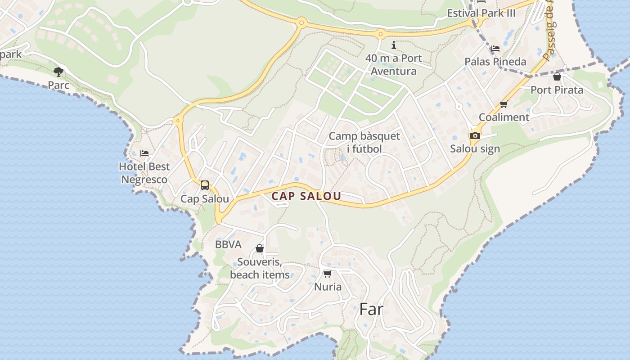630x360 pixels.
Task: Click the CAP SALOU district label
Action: point(306,196)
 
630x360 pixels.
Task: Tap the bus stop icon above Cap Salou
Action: point(205,185)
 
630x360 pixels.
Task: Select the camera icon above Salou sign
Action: point(475,135)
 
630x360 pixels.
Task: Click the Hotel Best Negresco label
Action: point(144,173)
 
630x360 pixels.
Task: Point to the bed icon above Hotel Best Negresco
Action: point(144,153)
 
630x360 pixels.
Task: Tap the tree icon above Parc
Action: point(58,72)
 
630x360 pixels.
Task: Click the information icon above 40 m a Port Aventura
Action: point(394,45)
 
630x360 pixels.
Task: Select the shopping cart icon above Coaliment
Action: point(504,104)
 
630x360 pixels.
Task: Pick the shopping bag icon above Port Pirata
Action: point(557,76)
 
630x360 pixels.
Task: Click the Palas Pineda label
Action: point(495,62)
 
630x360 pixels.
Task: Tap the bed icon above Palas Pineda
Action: point(495,48)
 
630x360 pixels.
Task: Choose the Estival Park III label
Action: point(481,13)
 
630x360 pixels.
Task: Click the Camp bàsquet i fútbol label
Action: point(364,142)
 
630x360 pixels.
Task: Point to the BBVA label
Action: point(228,245)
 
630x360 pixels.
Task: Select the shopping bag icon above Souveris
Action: point(260,248)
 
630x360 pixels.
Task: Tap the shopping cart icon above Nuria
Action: point(328,274)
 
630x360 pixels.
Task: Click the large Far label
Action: point(371,309)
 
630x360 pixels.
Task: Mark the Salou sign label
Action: point(475,149)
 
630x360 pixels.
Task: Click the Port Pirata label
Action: point(557,90)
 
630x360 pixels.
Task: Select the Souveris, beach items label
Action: point(260,268)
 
